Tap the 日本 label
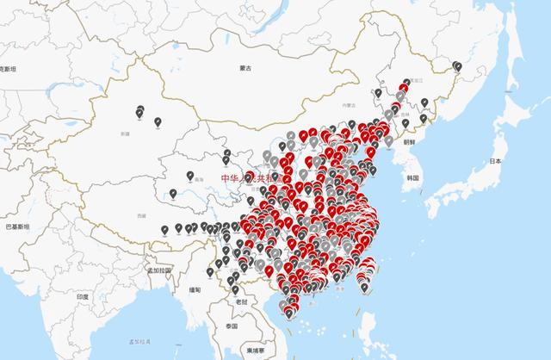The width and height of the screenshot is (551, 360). (x=495, y=161)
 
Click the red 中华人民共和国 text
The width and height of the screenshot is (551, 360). (x=245, y=178)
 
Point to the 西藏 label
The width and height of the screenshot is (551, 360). (x=129, y=213)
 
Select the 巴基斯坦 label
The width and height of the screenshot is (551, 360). (x=16, y=226)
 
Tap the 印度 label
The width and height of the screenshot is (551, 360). (x=83, y=296)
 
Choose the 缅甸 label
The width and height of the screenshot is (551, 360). (x=195, y=290)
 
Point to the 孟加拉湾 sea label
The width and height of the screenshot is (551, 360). (x=139, y=342)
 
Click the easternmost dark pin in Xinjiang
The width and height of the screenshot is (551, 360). (x=158, y=122)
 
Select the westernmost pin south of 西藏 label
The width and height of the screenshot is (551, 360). (x=164, y=229)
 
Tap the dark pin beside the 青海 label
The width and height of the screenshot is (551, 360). (x=189, y=176)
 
